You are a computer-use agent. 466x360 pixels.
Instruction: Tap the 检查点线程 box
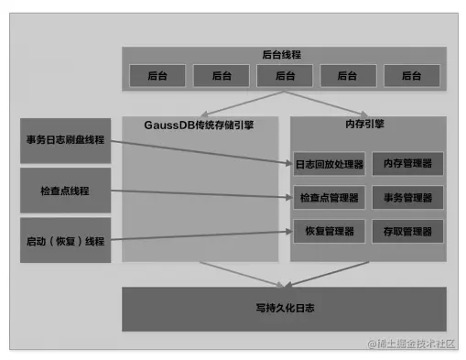[65, 191]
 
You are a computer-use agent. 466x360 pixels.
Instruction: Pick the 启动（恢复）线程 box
[65, 241]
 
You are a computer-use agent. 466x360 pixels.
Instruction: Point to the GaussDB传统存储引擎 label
[199, 125]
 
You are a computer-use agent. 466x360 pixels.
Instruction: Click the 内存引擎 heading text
[367, 125]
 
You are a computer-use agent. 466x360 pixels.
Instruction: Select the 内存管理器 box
[407, 165]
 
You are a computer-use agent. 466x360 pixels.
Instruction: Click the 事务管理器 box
[407, 197]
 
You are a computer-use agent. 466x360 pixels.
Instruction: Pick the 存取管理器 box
[407, 229]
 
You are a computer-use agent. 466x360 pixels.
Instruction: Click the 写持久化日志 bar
[284, 309]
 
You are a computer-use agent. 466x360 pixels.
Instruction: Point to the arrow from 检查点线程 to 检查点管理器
[201, 193]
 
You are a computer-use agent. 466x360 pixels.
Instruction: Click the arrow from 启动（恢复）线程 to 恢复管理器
[201, 235]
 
